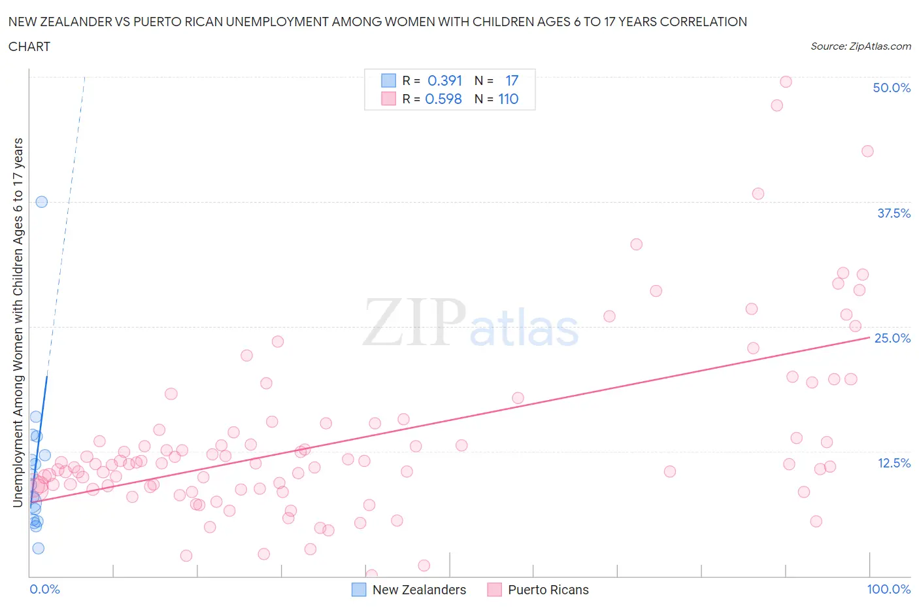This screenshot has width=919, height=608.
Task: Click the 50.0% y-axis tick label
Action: (892, 88)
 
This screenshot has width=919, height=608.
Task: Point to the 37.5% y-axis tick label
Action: (894, 213)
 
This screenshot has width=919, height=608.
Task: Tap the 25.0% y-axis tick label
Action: (892, 338)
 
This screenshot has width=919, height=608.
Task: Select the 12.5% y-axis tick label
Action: (894, 463)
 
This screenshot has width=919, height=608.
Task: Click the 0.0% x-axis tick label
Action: (44, 589)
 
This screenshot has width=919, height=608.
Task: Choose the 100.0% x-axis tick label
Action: (888, 589)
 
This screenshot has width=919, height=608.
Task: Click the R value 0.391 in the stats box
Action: (444, 80)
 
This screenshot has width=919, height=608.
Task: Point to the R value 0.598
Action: (443, 99)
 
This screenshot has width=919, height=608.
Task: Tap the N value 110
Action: (508, 99)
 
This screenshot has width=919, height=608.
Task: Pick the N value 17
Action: (511, 80)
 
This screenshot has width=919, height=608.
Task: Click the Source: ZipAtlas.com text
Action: (860, 46)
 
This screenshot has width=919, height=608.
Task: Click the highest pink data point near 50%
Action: (786, 82)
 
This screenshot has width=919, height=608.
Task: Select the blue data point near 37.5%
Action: (41, 202)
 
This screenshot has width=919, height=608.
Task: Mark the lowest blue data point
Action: (39, 548)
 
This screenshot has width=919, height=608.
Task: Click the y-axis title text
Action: (18, 322)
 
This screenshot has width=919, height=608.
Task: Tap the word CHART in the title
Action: (29, 46)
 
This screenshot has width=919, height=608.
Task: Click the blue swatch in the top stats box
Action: (388, 80)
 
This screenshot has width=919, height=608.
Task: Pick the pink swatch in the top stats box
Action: (388, 99)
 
